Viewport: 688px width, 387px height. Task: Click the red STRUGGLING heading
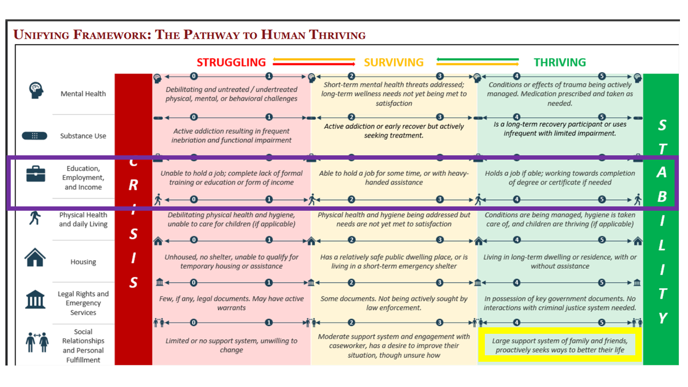[231, 62]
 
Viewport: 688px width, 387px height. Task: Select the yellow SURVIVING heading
[393, 62]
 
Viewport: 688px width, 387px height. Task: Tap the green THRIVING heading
[560, 62]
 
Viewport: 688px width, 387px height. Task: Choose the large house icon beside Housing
[35, 258]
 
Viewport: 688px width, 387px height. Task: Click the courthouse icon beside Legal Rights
[35, 299]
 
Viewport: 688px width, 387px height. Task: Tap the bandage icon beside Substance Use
[35, 136]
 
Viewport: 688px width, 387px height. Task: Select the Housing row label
[83, 262]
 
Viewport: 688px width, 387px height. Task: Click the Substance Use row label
[83, 136]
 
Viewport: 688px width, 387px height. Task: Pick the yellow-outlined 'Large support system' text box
[560, 345]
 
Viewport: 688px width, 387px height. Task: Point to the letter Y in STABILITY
[663, 318]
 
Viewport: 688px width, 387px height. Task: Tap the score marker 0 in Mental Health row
[193, 76]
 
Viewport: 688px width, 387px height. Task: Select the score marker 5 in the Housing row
[602, 240]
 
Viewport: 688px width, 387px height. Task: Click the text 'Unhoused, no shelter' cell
[232, 261]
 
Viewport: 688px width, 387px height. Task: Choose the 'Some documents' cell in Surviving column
[394, 303]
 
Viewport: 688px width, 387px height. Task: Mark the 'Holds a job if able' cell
[560, 177]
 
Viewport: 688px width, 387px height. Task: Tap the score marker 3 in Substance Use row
[440, 117]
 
